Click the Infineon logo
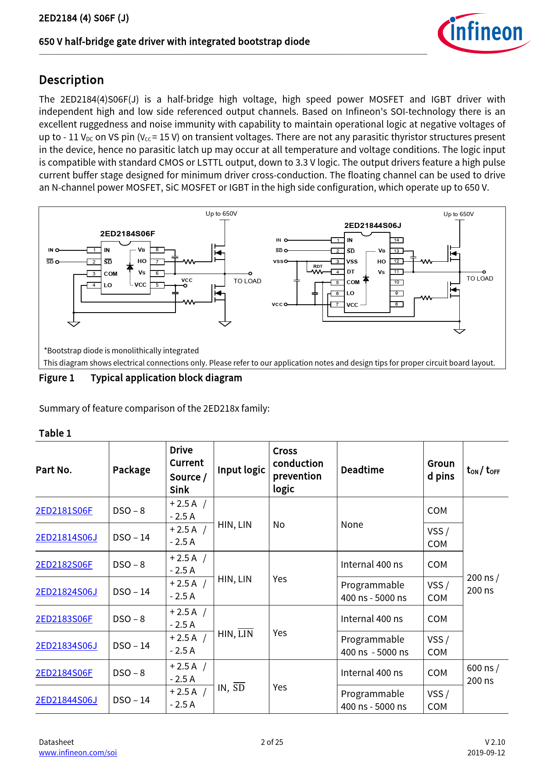click(483, 33)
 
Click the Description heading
click(72, 80)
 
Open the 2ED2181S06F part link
click(64, 511)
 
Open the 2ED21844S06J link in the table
click(66, 700)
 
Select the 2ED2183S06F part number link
click(64, 619)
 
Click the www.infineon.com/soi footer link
click(78, 753)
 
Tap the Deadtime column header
click(362, 470)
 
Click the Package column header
click(131, 470)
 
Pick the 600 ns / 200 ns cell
click(483, 674)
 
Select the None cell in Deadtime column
click(352, 525)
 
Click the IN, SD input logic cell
click(231, 687)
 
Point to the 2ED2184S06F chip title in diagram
click(127, 234)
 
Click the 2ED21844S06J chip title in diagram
click(372, 225)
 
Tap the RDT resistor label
click(318, 266)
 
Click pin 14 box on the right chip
click(396, 240)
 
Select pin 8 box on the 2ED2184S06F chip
click(157, 250)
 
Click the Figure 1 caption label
click(57, 378)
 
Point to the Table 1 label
click(55, 433)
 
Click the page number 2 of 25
click(272, 742)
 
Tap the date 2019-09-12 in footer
click(486, 753)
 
